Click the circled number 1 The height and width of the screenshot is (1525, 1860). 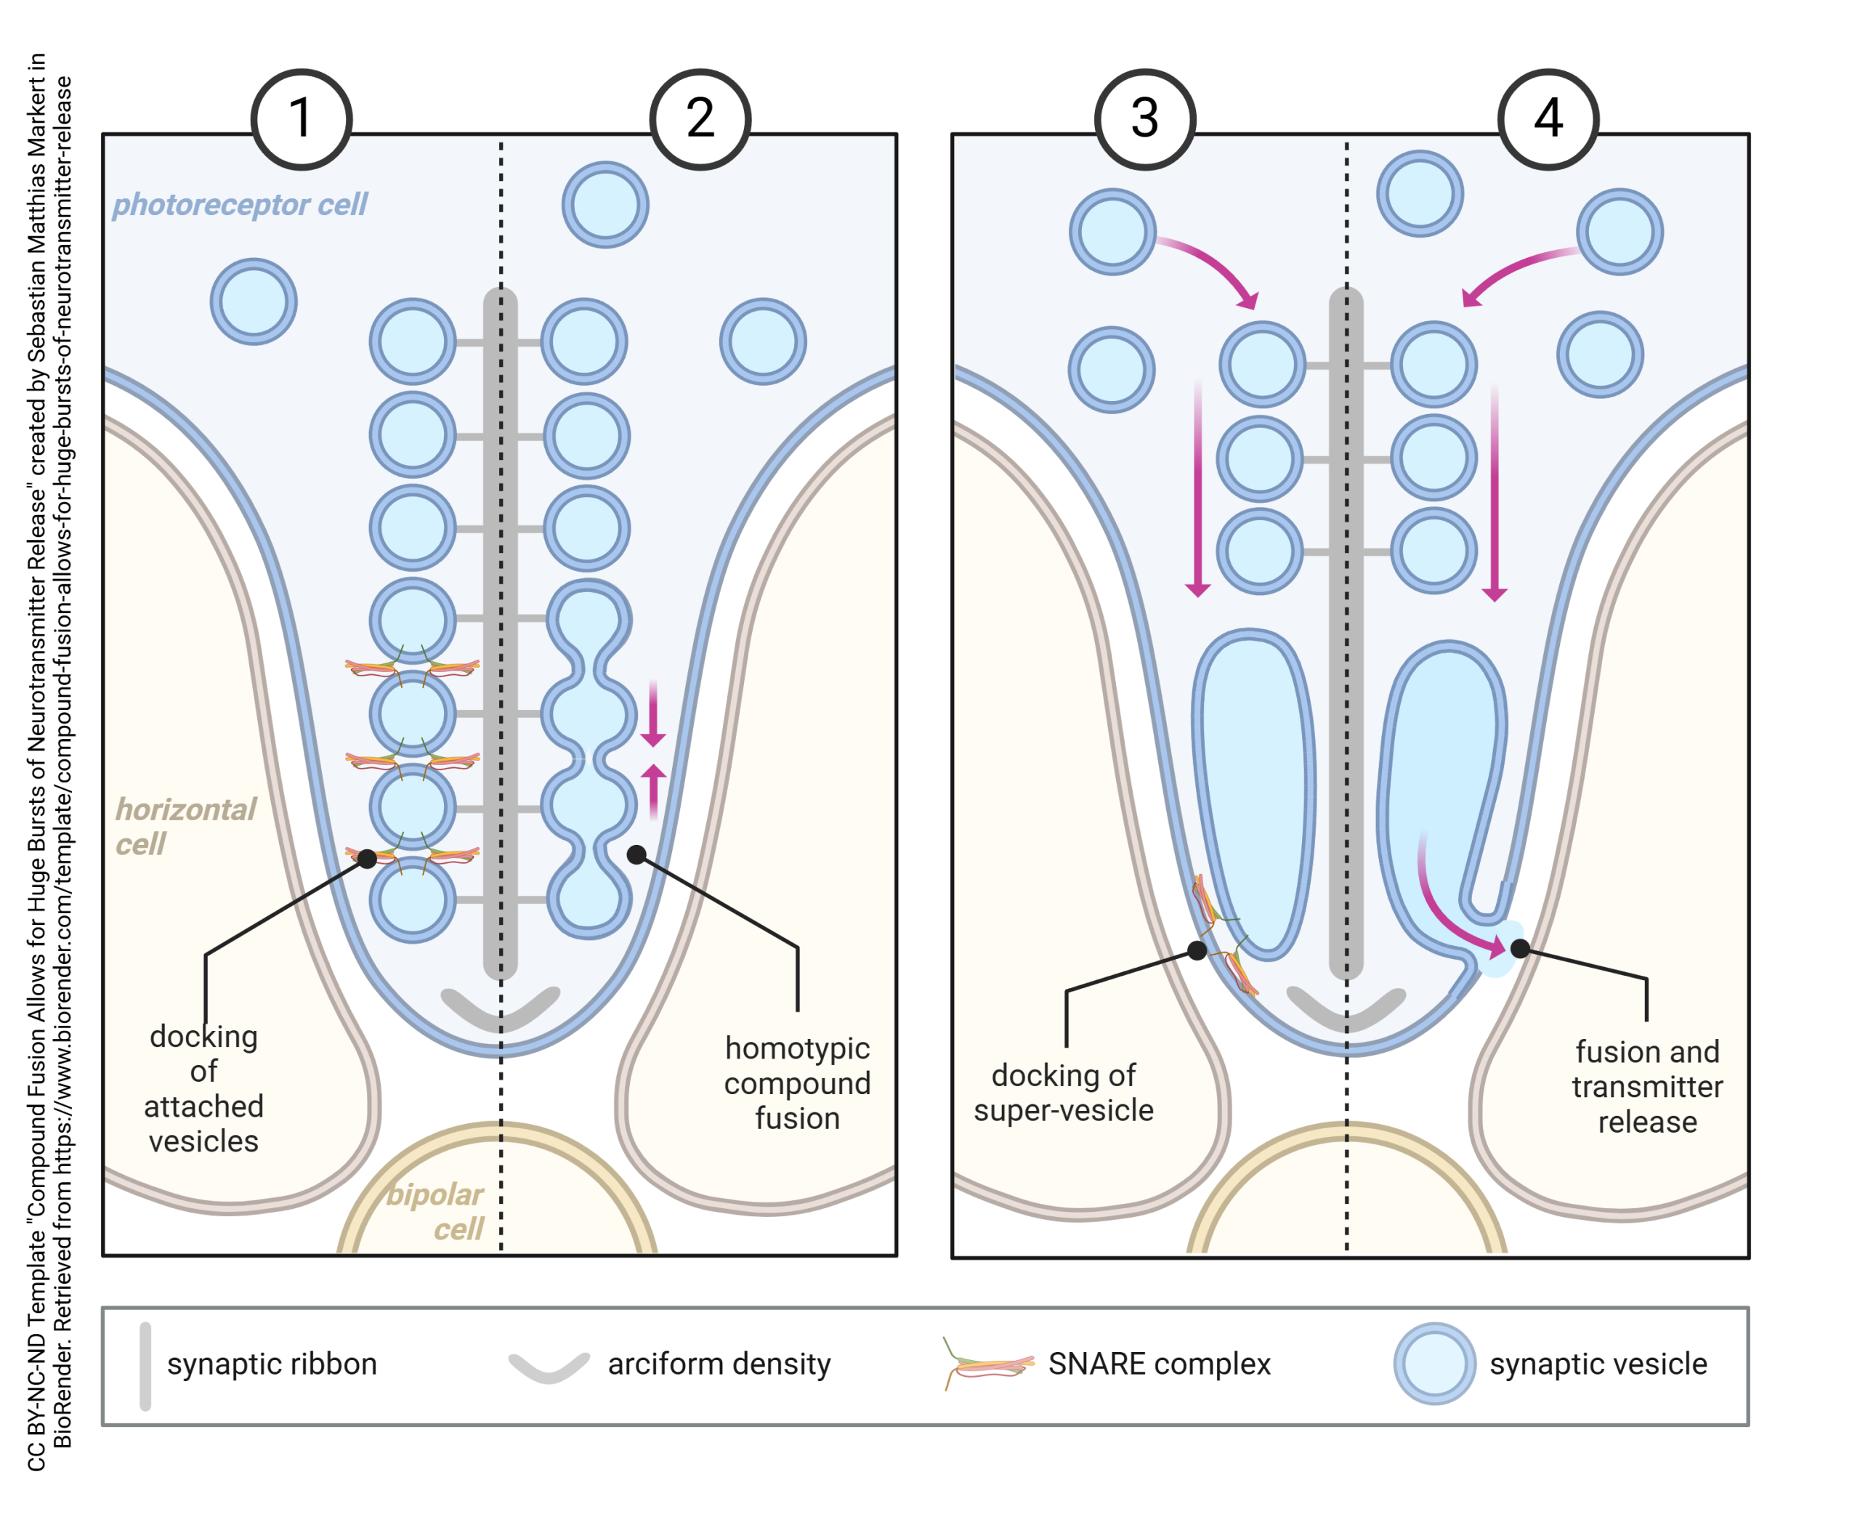click(x=302, y=118)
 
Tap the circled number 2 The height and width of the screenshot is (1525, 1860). click(x=700, y=118)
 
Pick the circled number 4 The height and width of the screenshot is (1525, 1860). click(x=1548, y=118)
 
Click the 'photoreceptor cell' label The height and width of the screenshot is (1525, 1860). click(x=239, y=204)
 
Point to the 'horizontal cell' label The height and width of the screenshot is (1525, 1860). click(x=185, y=826)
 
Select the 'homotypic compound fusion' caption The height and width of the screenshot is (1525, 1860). click(x=797, y=1083)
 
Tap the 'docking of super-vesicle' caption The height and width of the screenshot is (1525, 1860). click(x=1063, y=1092)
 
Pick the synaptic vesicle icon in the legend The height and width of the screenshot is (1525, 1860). click(x=1434, y=1364)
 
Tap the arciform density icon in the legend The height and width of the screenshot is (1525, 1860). click(x=549, y=1367)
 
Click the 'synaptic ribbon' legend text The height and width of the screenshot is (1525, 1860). click(x=272, y=1364)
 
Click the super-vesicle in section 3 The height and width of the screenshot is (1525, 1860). click(x=1254, y=790)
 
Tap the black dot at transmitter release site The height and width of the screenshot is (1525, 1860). click(x=1520, y=948)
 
